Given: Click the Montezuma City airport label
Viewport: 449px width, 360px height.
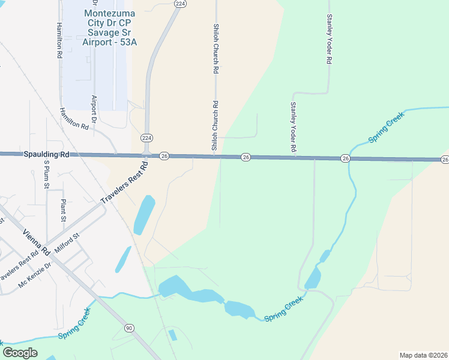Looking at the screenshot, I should pos(107,26).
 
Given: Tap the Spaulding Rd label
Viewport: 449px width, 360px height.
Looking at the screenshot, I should pos(46,154).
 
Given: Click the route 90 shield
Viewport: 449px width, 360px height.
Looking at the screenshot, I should pos(129,328).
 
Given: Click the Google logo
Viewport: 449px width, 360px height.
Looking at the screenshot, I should pos(20,352).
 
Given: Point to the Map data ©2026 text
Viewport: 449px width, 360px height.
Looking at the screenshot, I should pos(424,355).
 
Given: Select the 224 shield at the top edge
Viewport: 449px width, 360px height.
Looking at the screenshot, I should pos(180,4).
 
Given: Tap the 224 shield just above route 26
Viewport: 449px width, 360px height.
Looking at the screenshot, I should pos(146,138).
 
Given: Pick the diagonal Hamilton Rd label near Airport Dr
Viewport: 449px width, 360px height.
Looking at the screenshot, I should pos(74,119).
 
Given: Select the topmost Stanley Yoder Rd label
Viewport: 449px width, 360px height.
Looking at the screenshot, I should pos(329,40).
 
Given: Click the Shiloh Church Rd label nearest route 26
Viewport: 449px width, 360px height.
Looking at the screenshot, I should pos(214,125).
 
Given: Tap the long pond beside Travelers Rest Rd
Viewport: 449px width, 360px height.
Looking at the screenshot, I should pos(144,215).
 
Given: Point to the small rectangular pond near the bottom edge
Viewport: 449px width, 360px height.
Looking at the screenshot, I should pos(173,335).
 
